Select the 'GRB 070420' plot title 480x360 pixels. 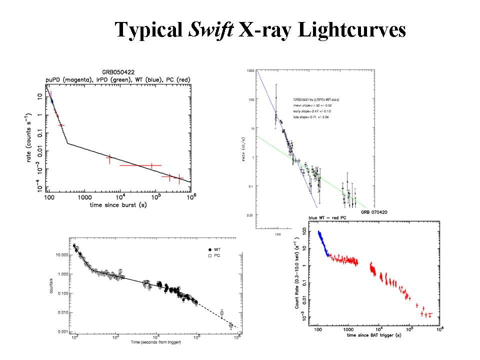[x=375, y=212]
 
